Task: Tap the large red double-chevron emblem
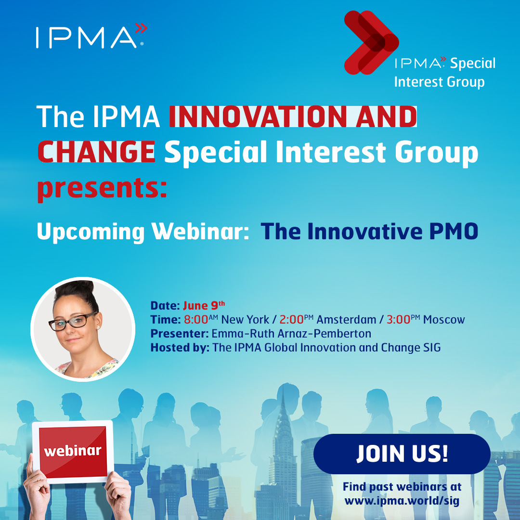click(x=371, y=42)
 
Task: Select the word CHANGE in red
click(x=96, y=152)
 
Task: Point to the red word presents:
click(x=102, y=188)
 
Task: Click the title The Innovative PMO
click(x=369, y=231)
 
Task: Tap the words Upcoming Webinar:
click(x=143, y=232)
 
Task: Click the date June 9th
click(x=204, y=305)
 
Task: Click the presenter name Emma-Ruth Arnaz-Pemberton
click(x=291, y=333)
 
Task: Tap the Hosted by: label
click(x=180, y=347)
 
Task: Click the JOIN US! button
click(x=402, y=454)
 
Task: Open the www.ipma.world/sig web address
click(x=402, y=500)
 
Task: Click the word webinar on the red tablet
click(x=73, y=451)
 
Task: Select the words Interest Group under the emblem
click(x=440, y=82)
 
